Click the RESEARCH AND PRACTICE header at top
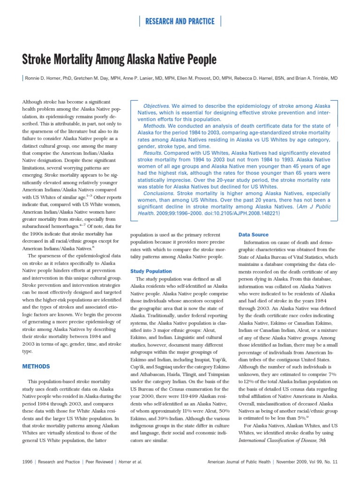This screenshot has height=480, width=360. [x=180, y=21]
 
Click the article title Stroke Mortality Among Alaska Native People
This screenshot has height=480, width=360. [x=120, y=60]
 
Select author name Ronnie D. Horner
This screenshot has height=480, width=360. [x=48, y=79]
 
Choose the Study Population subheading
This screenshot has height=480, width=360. [x=151, y=271]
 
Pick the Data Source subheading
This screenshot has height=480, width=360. [x=254, y=234]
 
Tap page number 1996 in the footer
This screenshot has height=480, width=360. [x=28, y=462]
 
